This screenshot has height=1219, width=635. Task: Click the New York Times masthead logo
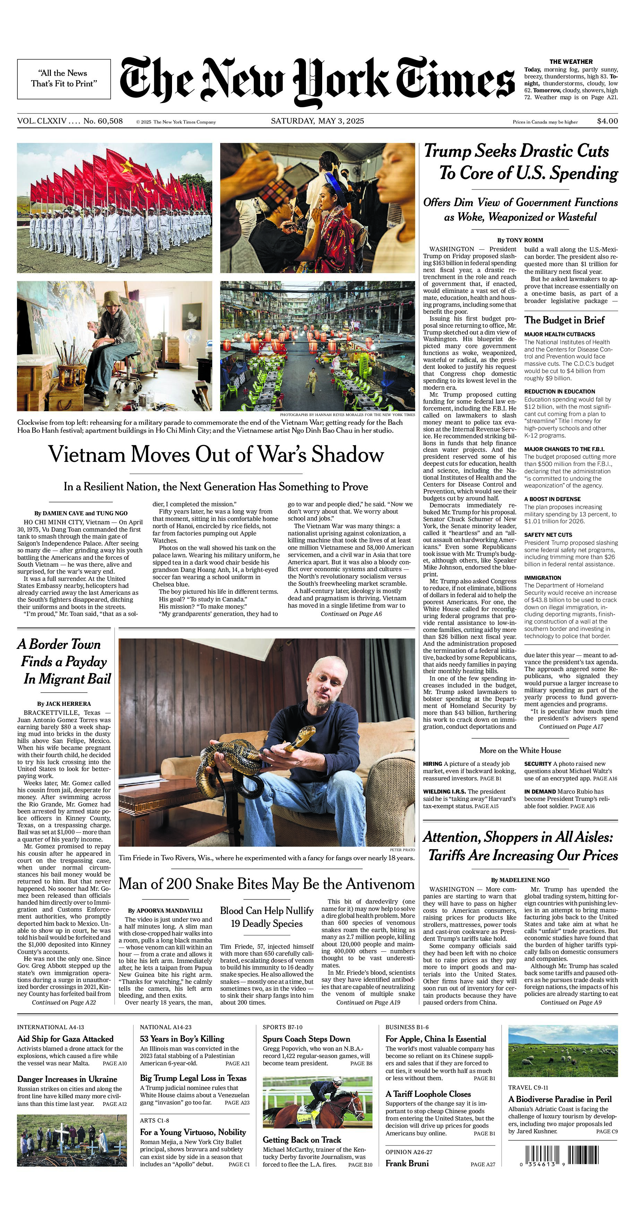pyautogui.click(x=317, y=81)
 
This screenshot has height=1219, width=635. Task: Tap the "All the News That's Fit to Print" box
pyautogui.click(x=64, y=78)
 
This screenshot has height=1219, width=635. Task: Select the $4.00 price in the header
pyautogui.click(x=607, y=121)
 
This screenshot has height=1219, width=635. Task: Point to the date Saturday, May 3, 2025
pyautogui.click(x=317, y=121)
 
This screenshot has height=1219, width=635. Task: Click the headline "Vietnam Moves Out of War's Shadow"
pyautogui.click(x=216, y=454)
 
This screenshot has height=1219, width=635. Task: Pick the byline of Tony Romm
pyautogui.click(x=520, y=240)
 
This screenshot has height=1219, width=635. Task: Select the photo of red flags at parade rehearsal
pyautogui.click(x=114, y=208)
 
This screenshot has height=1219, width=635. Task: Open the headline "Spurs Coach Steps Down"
pyautogui.click(x=306, y=1039)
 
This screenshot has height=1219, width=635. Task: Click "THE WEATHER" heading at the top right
pyautogui.click(x=571, y=61)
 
